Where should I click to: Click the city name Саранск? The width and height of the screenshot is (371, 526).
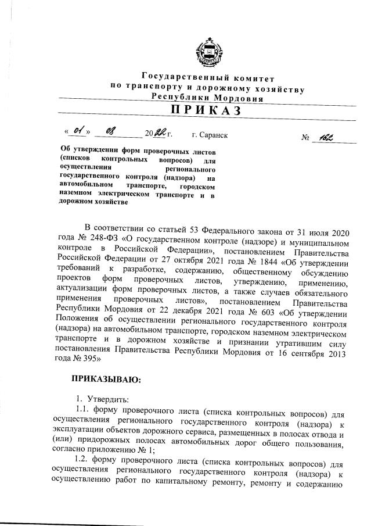(213, 135)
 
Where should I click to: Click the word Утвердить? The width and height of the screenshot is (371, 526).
(111, 399)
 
